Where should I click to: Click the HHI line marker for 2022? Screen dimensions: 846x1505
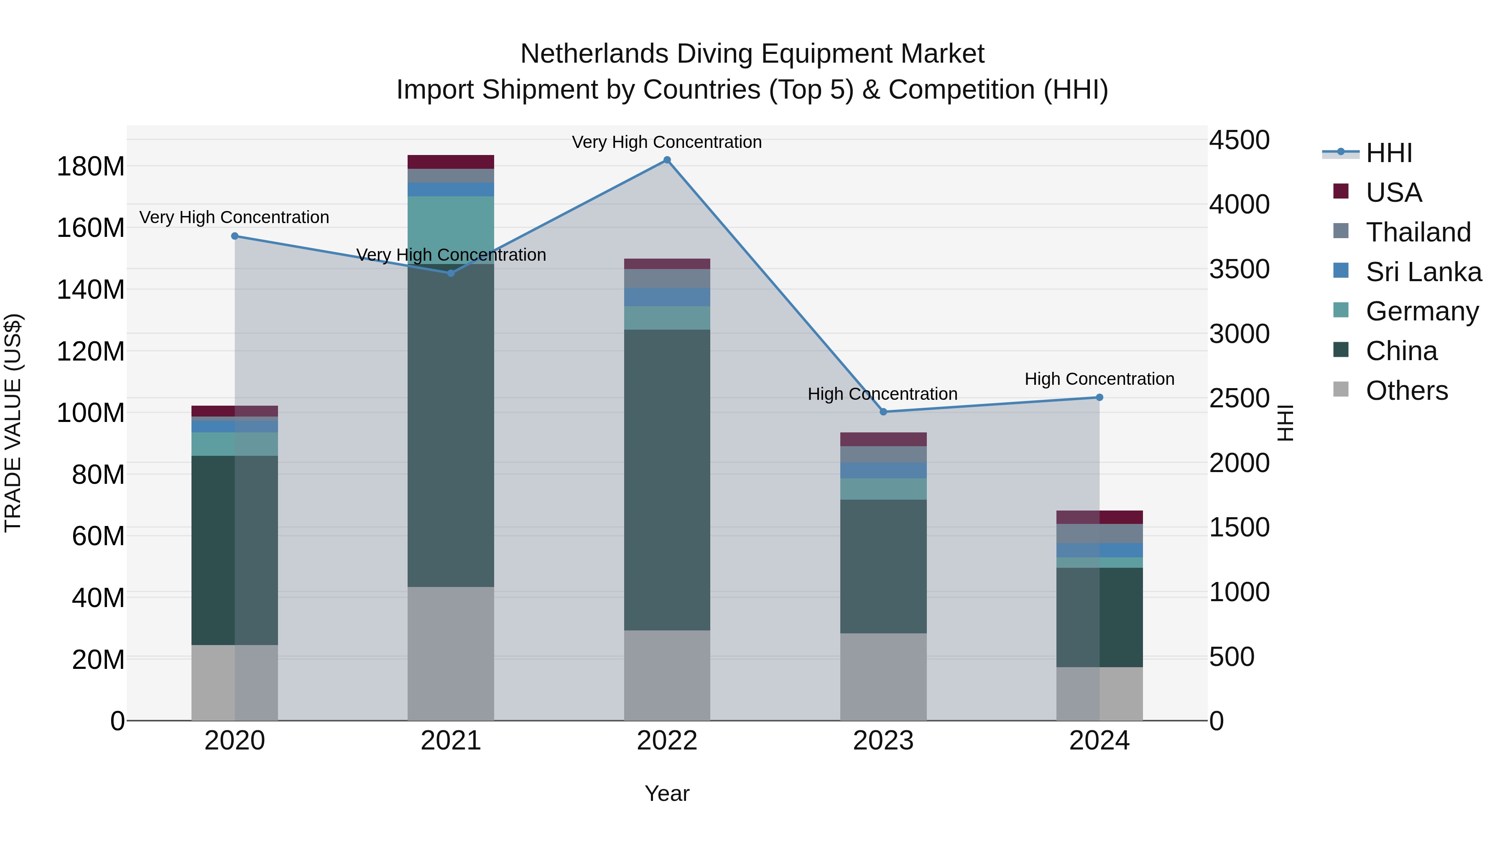[x=667, y=160]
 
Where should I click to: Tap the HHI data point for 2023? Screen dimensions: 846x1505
[x=883, y=412]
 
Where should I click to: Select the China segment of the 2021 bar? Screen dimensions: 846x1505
[x=450, y=426]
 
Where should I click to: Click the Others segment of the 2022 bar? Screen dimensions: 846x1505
[x=667, y=675]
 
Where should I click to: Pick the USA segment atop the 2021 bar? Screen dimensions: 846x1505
[x=450, y=162]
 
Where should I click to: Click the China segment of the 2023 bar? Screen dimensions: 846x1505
[x=883, y=567]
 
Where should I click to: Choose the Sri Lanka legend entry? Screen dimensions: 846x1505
[x=1423, y=272]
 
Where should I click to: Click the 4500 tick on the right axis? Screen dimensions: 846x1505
[x=1239, y=140]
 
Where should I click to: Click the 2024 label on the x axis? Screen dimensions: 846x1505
[x=1099, y=741]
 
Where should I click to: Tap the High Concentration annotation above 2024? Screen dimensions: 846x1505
[x=1099, y=379]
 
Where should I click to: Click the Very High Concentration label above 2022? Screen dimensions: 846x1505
[x=667, y=142]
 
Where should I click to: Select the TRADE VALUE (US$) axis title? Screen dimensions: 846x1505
[x=13, y=423]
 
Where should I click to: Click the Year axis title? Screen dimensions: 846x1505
[x=667, y=793]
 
